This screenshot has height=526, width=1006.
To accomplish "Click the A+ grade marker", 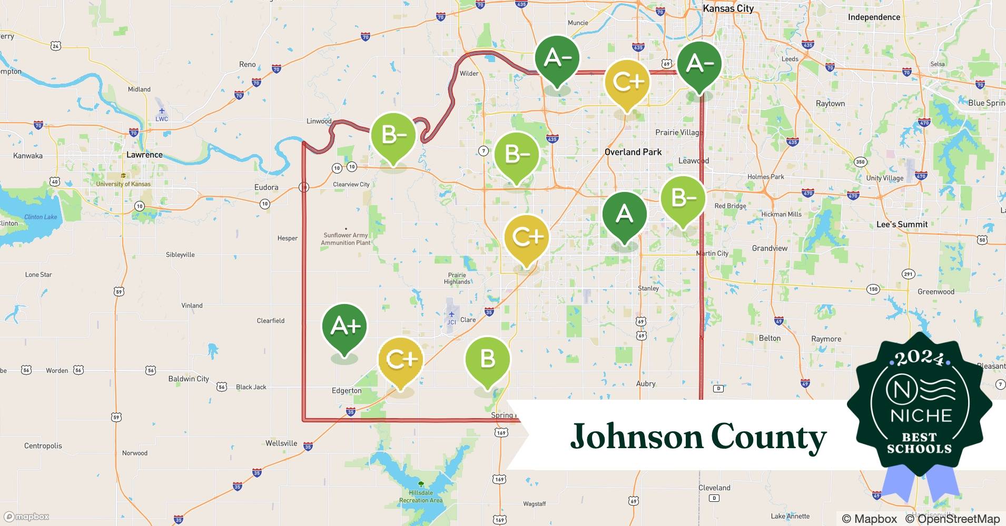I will click(x=344, y=327).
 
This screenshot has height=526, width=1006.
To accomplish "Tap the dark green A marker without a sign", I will click(x=624, y=214).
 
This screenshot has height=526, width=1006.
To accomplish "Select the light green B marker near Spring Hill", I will click(x=487, y=360).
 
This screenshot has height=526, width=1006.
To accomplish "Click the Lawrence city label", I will click(x=144, y=155).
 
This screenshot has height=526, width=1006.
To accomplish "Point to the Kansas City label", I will click(x=728, y=8).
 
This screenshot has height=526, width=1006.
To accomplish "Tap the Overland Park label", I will click(x=633, y=152).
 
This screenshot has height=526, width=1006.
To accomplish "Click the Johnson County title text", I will click(x=698, y=436).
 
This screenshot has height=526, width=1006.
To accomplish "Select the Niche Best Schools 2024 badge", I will click(x=920, y=405).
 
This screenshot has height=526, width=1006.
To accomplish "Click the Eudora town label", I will click(x=266, y=187).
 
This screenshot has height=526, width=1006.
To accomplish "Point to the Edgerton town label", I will click(x=347, y=390).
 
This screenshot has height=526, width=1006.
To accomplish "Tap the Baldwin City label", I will click(x=189, y=379).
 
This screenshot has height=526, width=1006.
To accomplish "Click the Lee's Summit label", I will click(x=902, y=224).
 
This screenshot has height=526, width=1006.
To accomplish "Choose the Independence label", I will click(x=874, y=17).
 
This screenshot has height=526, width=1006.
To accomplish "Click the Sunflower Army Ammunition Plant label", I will click(x=346, y=239).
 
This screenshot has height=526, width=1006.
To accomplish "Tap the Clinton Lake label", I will click(x=41, y=217).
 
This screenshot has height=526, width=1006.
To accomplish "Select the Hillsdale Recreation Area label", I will click(x=421, y=497).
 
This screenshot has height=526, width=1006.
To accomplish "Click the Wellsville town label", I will click(x=281, y=443).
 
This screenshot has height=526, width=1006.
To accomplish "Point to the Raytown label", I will click(x=830, y=104).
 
